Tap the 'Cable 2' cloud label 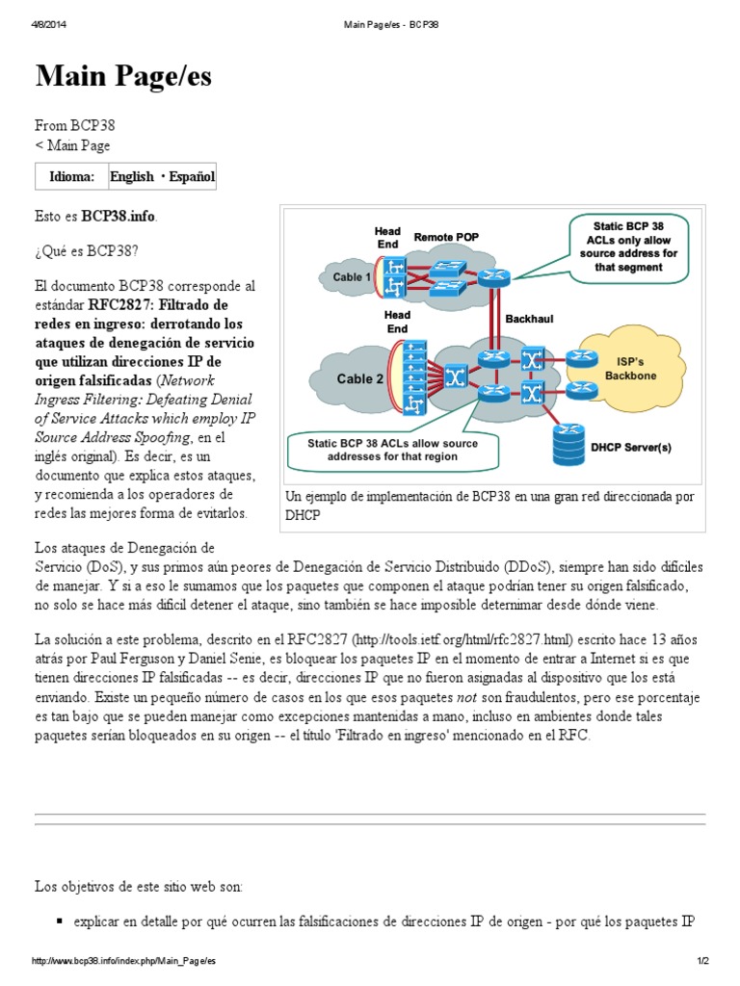coord(360,378)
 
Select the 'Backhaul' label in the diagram coord(529,317)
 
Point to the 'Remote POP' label coord(446,237)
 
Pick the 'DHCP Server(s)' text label coord(630,446)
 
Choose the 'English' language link coord(131,176)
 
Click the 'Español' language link coord(193,176)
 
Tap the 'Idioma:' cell coord(72,176)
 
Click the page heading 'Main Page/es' coord(123,77)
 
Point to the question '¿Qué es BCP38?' coord(87,250)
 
